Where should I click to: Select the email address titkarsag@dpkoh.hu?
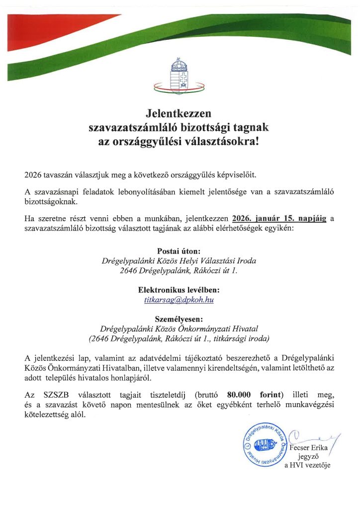pyautogui.click(x=179, y=300)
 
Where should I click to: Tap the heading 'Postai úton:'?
pyautogui.click(x=179, y=251)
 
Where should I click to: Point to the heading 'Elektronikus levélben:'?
pyautogui.click(x=179, y=290)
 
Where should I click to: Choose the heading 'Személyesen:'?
pyautogui.click(x=179, y=319)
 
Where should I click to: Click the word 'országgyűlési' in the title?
pyautogui.click(x=149, y=141)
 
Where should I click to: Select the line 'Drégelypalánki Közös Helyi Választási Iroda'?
pyautogui.click(x=179, y=261)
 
